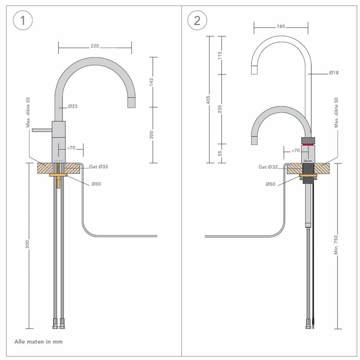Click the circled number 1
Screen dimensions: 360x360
[23, 20]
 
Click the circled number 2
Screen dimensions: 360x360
[197, 20]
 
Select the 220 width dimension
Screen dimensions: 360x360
[95, 46]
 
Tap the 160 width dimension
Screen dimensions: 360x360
[281, 26]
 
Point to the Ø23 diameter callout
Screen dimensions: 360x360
[73, 106]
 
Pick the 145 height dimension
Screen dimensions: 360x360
[152, 82]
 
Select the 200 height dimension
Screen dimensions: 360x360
[152, 135]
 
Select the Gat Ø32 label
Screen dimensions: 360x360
[268, 167]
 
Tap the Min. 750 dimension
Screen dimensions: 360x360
[336, 245]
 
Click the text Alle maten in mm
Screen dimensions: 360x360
[38, 342]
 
